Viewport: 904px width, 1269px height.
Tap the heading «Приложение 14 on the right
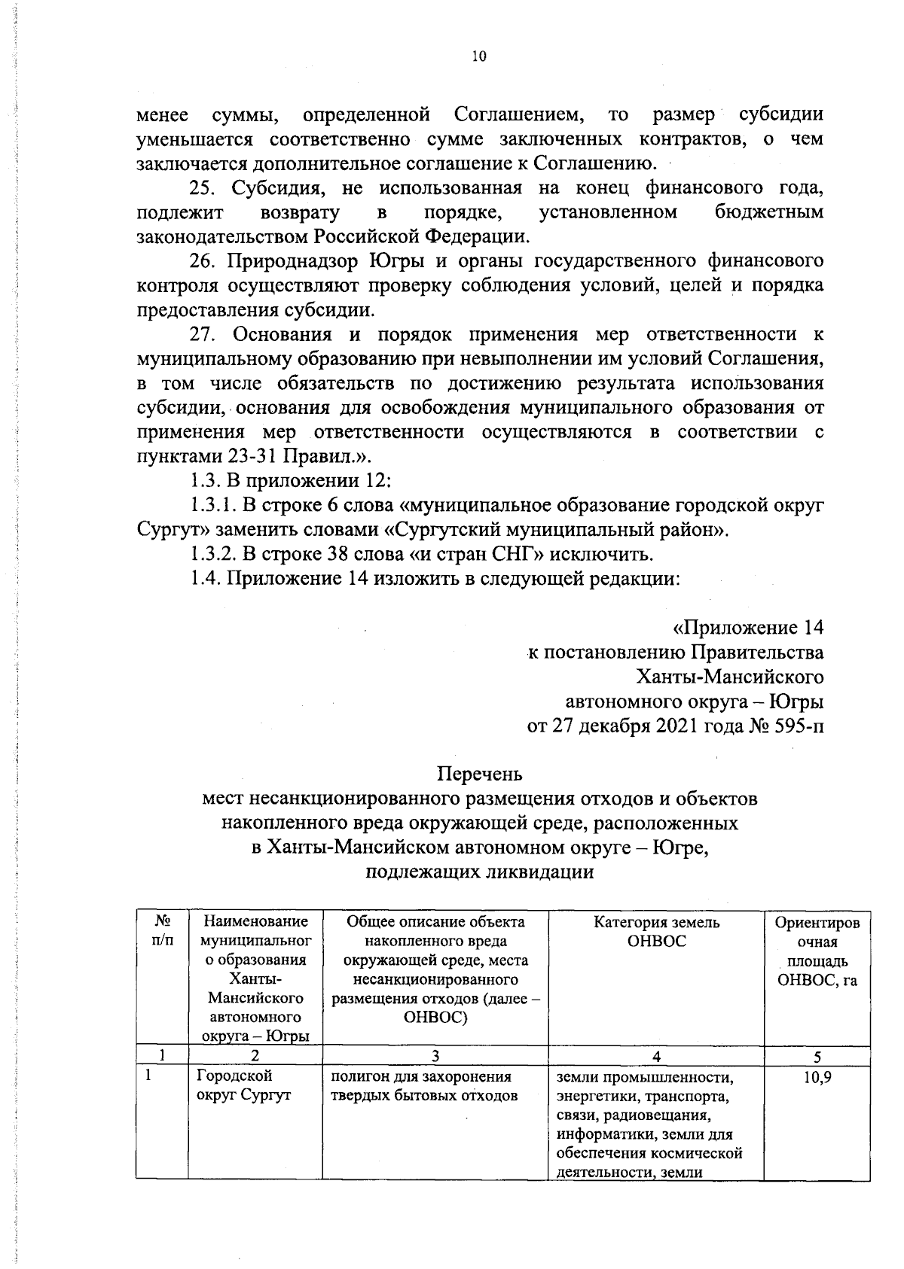click(x=747, y=628)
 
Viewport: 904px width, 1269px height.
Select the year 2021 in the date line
click(x=670, y=726)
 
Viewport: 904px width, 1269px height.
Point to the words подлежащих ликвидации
click(x=479, y=872)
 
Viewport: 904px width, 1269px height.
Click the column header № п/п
click(x=161, y=932)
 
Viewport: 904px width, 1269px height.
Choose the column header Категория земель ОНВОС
click(x=656, y=932)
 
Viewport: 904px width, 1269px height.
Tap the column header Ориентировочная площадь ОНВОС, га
click(x=817, y=951)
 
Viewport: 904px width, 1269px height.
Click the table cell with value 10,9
click(x=817, y=1077)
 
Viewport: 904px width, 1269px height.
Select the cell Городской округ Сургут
click(x=243, y=1086)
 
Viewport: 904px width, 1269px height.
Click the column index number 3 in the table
click(x=435, y=1057)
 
